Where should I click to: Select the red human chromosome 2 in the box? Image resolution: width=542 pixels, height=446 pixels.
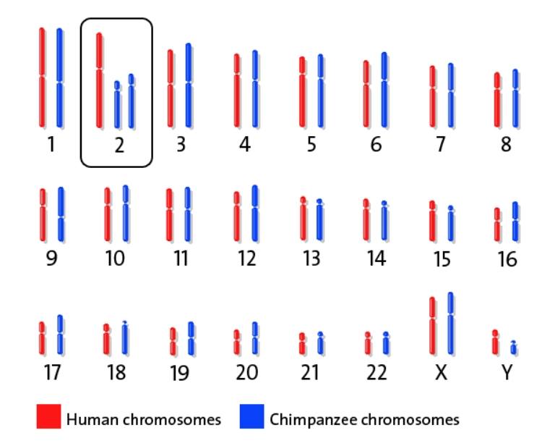click(x=100, y=80)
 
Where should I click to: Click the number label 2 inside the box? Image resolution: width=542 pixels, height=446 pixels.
click(x=119, y=145)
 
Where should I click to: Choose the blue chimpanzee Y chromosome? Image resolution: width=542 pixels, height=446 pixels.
click(x=513, y=348)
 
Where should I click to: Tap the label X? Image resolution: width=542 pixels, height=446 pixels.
click(x=441, y=373)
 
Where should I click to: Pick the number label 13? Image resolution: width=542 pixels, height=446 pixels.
click(x=311, y=258)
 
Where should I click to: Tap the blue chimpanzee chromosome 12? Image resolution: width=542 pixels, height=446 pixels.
click(x=254, y=214)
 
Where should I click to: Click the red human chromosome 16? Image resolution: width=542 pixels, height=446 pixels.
click(x=497, y=224)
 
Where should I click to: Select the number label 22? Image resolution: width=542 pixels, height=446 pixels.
click(x=376, y=373)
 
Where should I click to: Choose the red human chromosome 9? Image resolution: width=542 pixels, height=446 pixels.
click(x=43, y=215)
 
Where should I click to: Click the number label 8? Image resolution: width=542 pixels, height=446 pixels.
click(x=505, y=145)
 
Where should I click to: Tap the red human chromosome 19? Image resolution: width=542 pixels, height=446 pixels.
click(x=173, y=342)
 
